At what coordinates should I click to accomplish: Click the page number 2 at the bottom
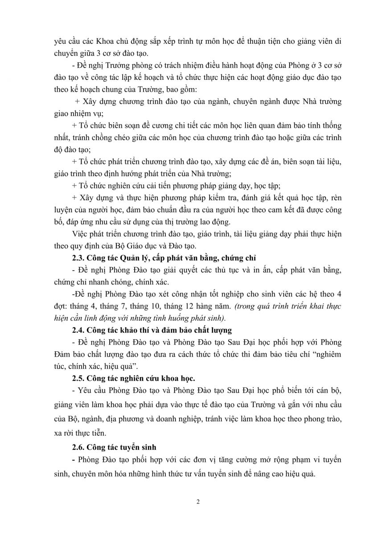(197, 503)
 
